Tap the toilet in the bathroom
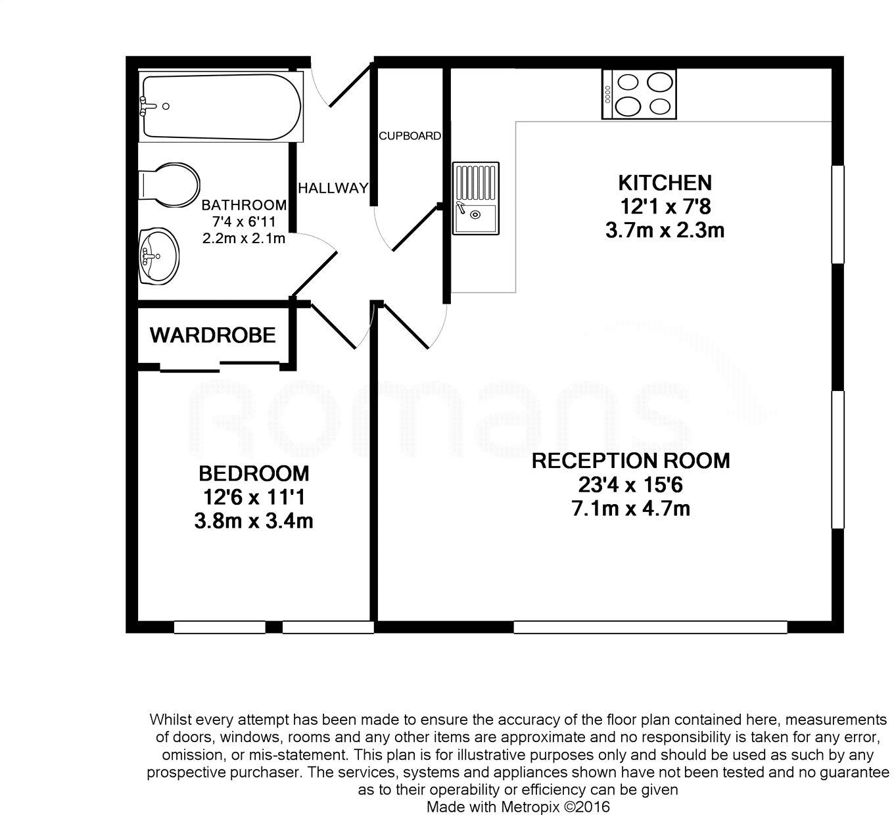click(170, 185)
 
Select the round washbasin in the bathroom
click(158, 256)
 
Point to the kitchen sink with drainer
click(475, 198)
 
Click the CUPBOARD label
click(410, 136)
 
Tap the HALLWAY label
click(333, 189)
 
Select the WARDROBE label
click(212, 335)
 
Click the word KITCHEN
click(665, 183)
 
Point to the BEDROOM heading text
click(254, 473)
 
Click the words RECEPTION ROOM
click(630, 461)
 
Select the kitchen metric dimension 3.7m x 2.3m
click(665, 231)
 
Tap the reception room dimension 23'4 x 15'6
click(630, 485)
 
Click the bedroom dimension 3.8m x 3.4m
click(254, 522)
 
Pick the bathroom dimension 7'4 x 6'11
click(244, 221)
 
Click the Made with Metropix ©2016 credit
click(519, 806)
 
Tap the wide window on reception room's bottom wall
click(649, 627)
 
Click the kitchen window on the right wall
click(837, 214)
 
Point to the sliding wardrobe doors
click(220, 365)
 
